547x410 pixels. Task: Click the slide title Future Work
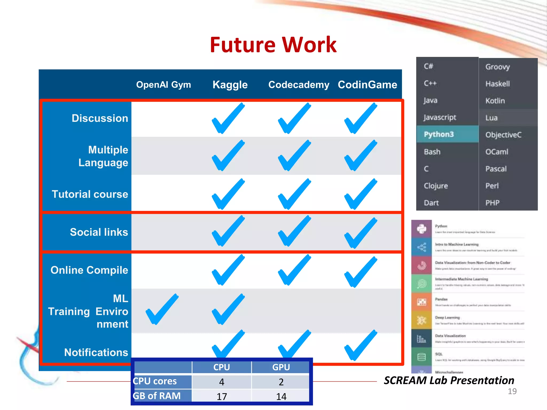click(x=273, y=45)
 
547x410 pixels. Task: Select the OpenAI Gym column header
click(x=163, y=85)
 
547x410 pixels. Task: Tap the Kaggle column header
click(x=230, y=85)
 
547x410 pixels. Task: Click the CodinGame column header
click(x=367, y=85)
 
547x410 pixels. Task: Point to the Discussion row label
click(x=100, y=118)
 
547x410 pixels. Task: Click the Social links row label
click(x=99, y=232)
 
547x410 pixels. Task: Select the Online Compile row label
click(x=89, y=270)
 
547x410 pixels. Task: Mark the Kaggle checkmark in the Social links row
click(x=228, y=231)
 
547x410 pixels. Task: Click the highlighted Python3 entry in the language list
click(x=439, y=134)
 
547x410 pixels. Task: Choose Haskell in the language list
click(x=498, y=84)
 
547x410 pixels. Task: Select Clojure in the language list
click(x=436, y=186)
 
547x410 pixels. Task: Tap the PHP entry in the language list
click(x=492, y=203)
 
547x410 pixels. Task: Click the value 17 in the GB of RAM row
click(x=222, y=396)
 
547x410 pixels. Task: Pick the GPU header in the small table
click(x=281, y=367)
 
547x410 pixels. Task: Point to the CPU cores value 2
click(x=281, y=382)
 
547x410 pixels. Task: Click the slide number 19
click(x=512, y=391)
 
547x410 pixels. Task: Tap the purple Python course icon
click(x=421, y=229)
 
